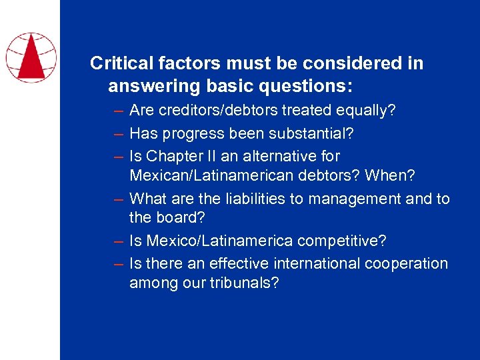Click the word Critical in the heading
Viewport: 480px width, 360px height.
click(118, 63)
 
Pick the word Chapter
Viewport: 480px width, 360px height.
click(171, 157)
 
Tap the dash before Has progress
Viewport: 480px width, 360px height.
click(118, 134)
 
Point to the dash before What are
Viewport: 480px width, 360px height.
click(118, 199)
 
